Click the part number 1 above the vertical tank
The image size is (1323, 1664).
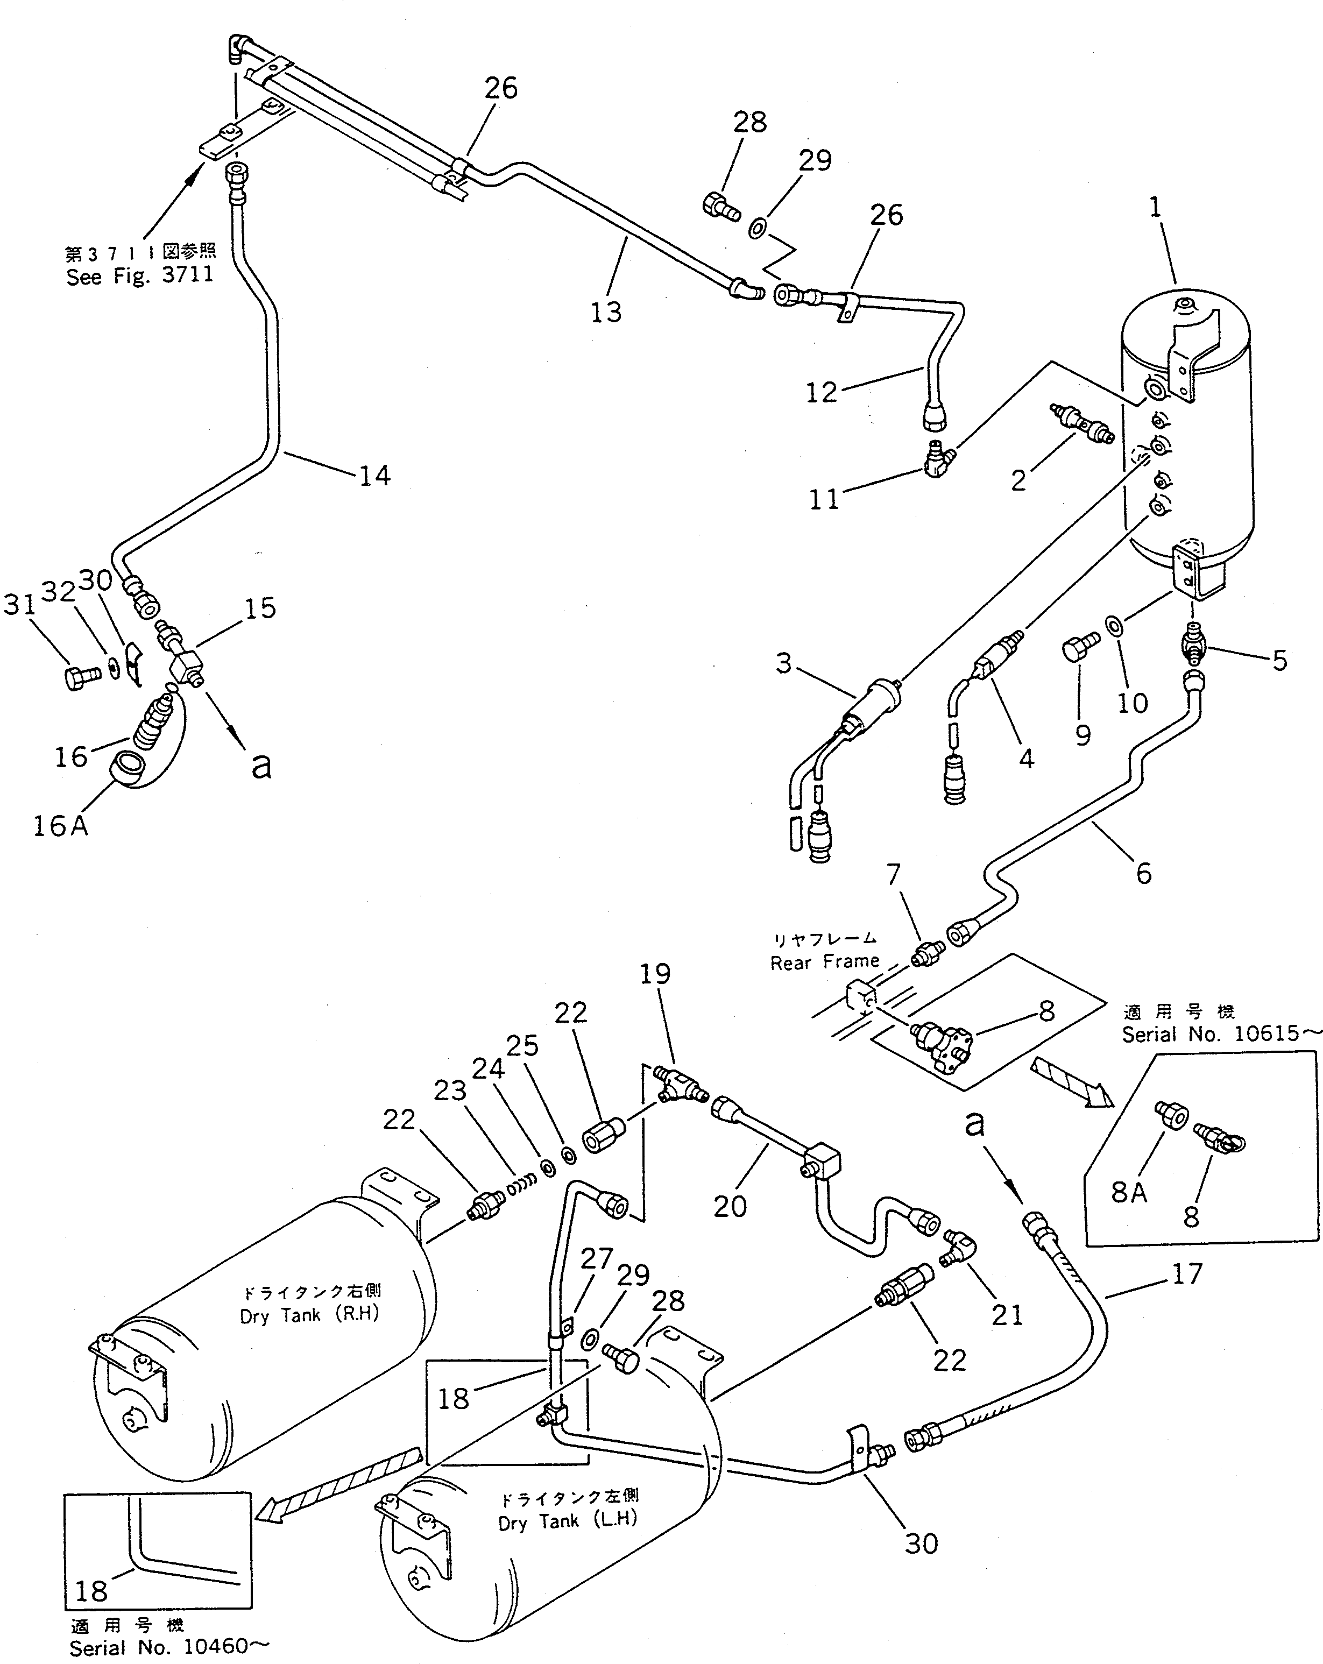[1156, 208]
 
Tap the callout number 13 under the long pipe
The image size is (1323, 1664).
[606, 313]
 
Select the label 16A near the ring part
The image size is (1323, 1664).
[60, 826]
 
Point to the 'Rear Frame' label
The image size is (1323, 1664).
[824, 962]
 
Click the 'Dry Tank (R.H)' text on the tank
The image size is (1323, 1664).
[309, 1315]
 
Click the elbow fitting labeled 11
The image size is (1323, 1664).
[940, 460]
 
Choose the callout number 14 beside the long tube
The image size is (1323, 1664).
[374, 476]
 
